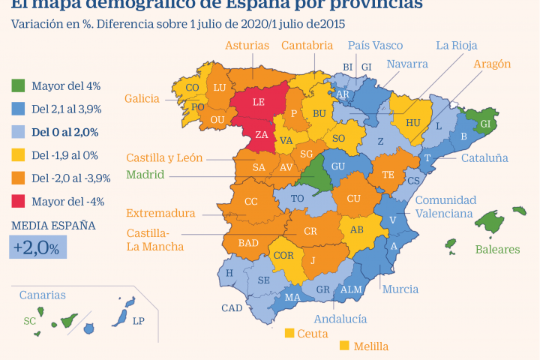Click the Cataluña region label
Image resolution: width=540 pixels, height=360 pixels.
click(x=484, y=158)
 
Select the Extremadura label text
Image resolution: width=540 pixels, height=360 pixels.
click(x=160, y=213)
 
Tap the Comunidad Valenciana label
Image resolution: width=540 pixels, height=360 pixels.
click(x=445, y=206)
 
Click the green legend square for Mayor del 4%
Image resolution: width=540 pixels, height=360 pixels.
click(x=19, y=85)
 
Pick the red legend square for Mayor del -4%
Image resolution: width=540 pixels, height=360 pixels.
click(x=19, y=200)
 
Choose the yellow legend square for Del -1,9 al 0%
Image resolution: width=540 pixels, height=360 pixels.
click(x=19, y=154)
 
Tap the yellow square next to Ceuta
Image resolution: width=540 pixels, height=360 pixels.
click(x=289, y=332)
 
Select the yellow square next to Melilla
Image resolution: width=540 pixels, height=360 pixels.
click(x=344, y=346)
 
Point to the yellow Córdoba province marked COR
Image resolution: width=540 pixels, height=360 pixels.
click(x=283, y=254)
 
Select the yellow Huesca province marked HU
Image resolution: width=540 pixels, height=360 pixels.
click(x=413, y=122)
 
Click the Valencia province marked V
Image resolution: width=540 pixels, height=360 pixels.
click(x=393, y=219)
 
